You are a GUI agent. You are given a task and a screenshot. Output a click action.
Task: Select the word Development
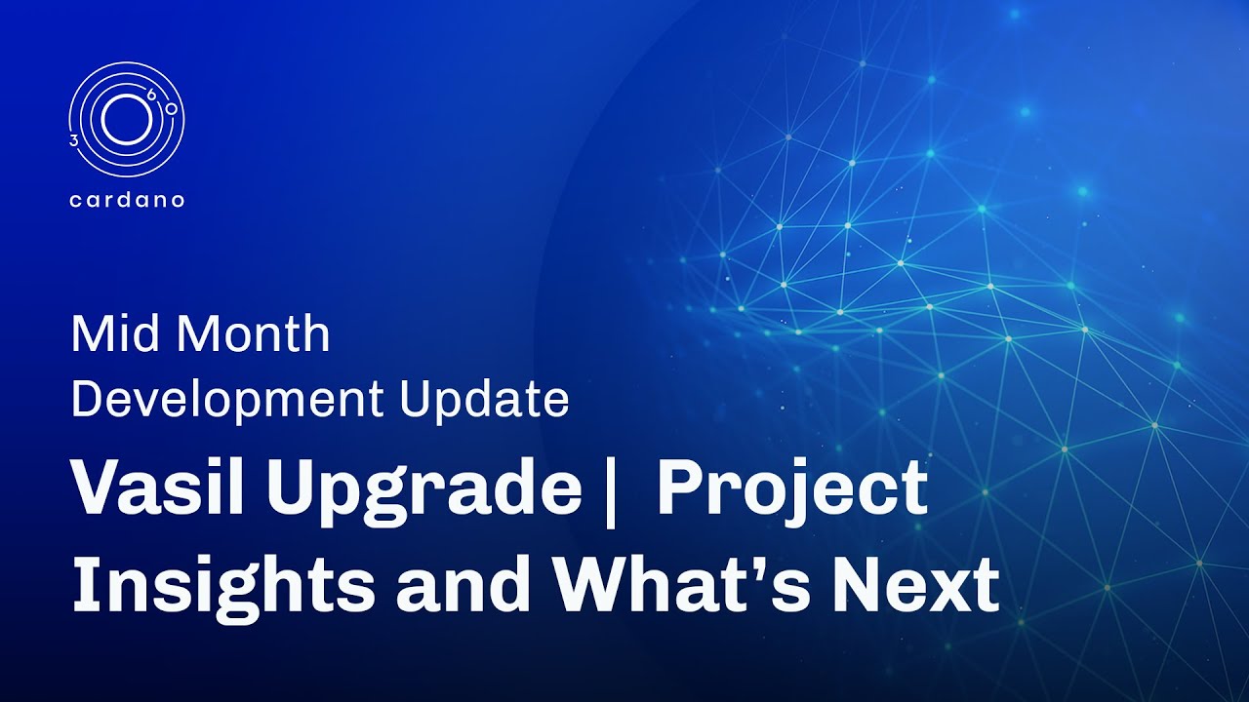click(227, 401)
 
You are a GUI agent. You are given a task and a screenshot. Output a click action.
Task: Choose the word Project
click(791, 490)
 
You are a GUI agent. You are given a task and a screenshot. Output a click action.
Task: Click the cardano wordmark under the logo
click(127, 201)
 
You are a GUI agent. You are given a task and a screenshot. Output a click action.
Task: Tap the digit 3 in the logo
click(74, 141)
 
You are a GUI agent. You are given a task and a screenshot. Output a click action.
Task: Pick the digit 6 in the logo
click(150, 95)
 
